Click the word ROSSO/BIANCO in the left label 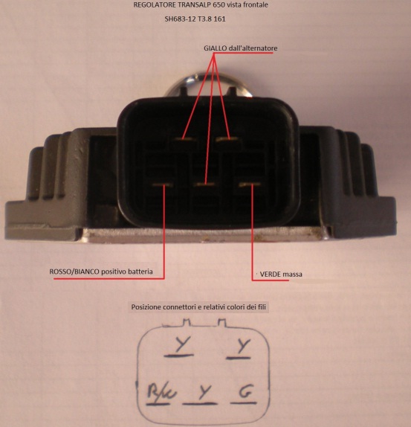coord(74,272)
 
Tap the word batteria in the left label coord(140,272)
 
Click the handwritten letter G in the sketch coord(247,391)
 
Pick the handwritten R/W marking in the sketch coord(162,391)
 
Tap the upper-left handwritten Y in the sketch coord(181,344)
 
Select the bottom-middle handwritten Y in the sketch coord(204,391)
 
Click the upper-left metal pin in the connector coord(185,139)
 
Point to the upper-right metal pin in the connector coord(227,139)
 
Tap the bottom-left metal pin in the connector coord(163,184)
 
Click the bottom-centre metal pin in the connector coord(204,184)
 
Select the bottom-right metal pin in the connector coord(250,184)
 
